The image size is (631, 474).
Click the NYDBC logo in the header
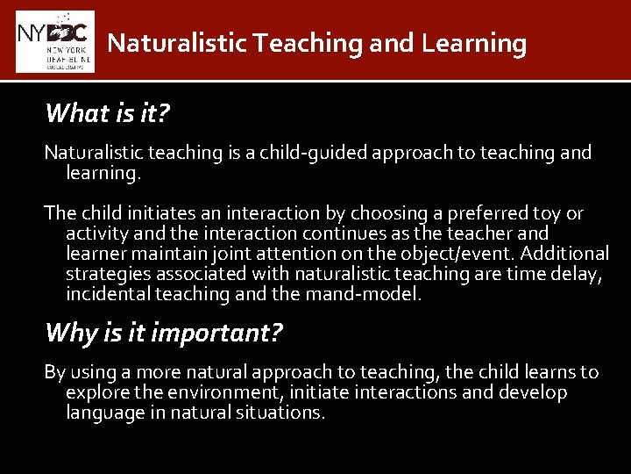click(54, 41)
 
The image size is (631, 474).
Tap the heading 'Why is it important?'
click(164, 333)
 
